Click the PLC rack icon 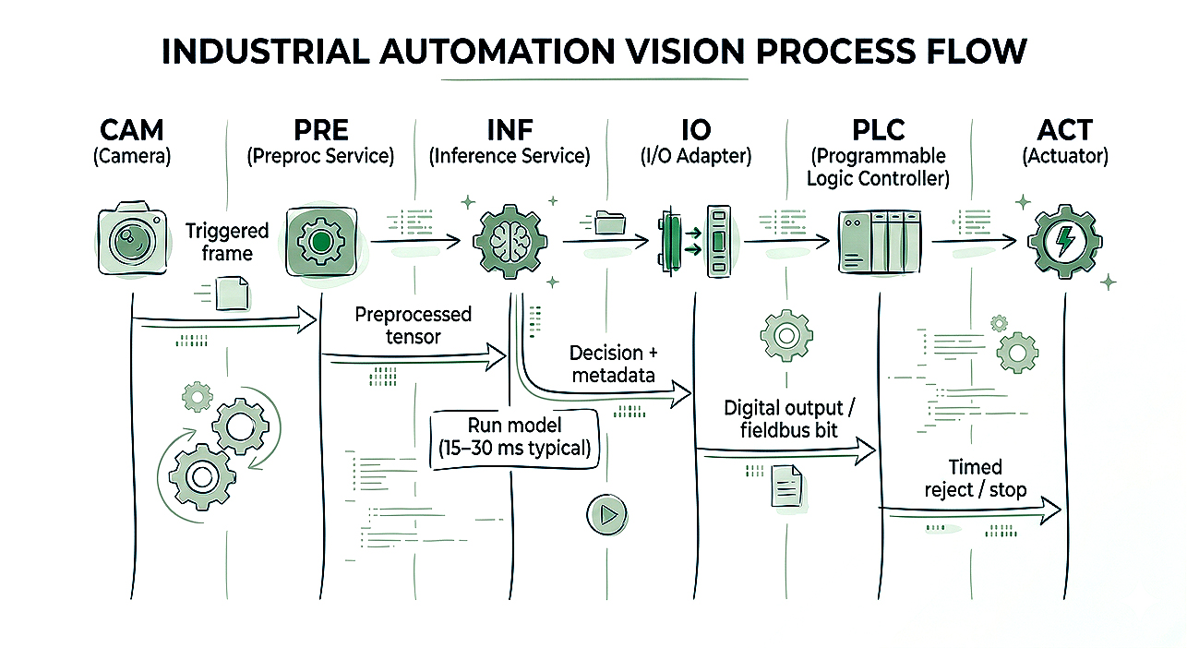click(x=880, y=242)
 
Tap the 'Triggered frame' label click(x=227, y=242)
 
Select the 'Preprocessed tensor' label click(x=413, y=325)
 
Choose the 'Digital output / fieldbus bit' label click(x=783, y=418)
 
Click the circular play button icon click(x=606, y=514)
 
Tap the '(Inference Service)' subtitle click(x=510, y=156)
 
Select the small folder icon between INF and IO click(x=609, y=222)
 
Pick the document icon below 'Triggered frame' click(x=232, y=293)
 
